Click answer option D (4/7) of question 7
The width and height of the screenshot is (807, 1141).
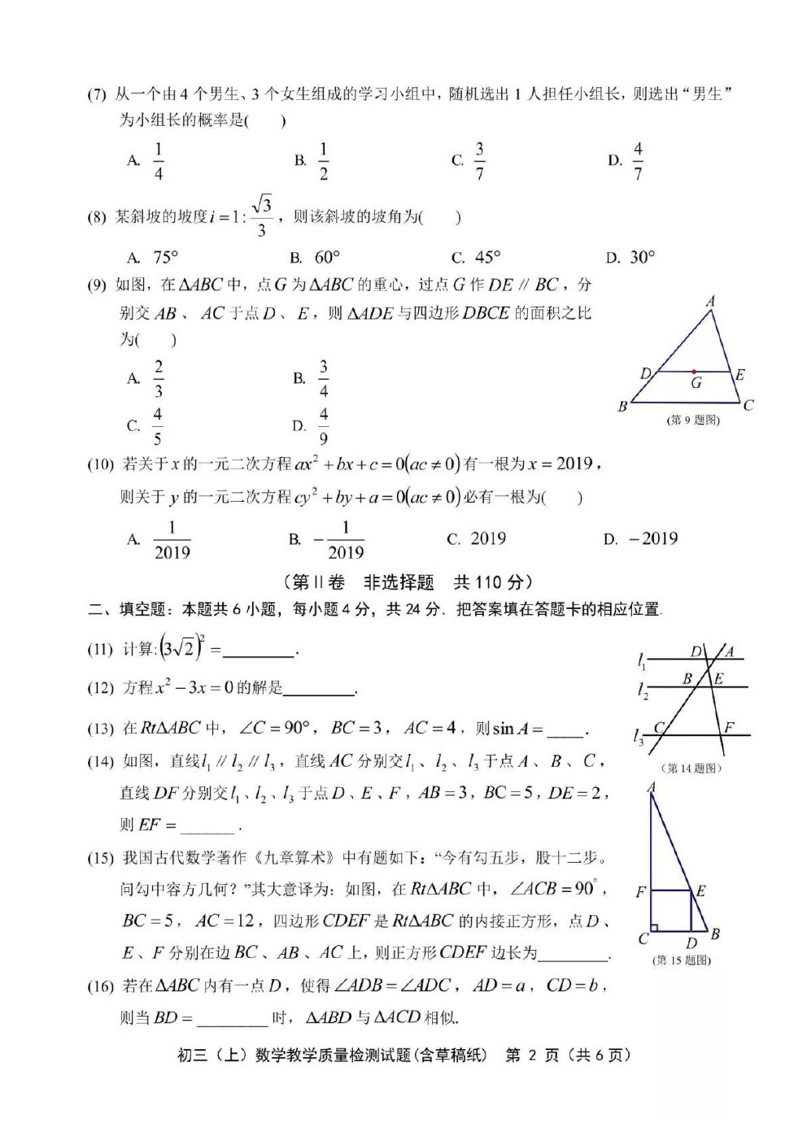[637, 161]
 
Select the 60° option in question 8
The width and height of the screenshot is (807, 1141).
[326, 258]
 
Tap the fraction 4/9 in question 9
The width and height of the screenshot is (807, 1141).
[323, 426]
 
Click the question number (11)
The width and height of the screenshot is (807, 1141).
[100, 649]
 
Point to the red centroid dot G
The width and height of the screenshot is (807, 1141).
[694, 372]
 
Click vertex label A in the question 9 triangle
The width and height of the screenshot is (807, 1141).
[710, 302]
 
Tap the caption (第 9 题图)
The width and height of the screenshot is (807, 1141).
[693, 420]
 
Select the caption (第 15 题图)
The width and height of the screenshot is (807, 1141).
[682, 960]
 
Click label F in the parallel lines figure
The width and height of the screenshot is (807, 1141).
[728, 727]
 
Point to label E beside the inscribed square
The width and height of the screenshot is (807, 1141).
[700, 891]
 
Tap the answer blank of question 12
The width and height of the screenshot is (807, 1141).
[319, 689]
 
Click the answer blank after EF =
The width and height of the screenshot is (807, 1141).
[207, 825]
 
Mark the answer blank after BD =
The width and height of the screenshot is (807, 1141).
[232, 1018]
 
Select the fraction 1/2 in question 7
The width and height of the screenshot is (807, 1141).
[323, 161]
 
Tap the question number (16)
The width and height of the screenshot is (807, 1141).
[100, 986]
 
